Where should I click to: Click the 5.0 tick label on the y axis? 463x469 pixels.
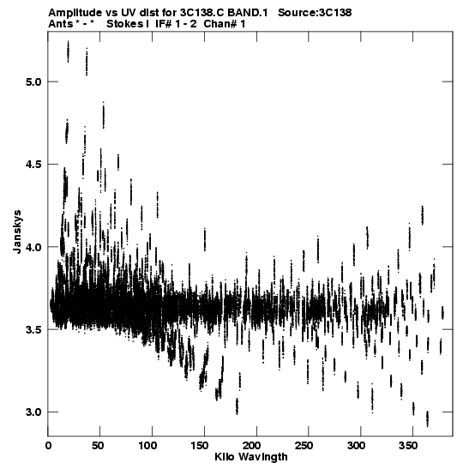coord(33,81)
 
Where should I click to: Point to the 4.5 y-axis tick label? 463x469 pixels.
coord(33,165)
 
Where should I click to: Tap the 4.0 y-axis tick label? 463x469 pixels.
coord(33,247)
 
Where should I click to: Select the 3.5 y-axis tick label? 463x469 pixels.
coord(33,329)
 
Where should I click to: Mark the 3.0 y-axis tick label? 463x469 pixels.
coord(33,412)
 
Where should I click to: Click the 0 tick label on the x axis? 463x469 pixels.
coord(48,446)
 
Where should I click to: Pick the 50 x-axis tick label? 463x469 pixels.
coord(98,446)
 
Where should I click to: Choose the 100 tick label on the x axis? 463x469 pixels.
coord(148,446)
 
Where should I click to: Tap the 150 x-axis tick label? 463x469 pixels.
coord(201,446)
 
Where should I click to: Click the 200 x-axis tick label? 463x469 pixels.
coord(252,446)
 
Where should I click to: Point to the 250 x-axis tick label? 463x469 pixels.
coord(304,446)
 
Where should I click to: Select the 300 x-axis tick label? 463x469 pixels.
coord(357,446)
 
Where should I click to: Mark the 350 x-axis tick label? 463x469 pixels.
coord(409,446)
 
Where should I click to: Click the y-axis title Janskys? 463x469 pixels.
coord(18,231)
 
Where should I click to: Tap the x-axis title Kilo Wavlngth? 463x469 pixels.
coord(251,457)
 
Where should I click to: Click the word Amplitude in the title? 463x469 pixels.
coord(75,13)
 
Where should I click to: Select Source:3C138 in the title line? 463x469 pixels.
coord(315,13)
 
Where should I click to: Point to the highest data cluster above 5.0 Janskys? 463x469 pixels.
coord(69,51)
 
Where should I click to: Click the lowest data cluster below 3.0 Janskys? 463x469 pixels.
coord(427,418)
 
